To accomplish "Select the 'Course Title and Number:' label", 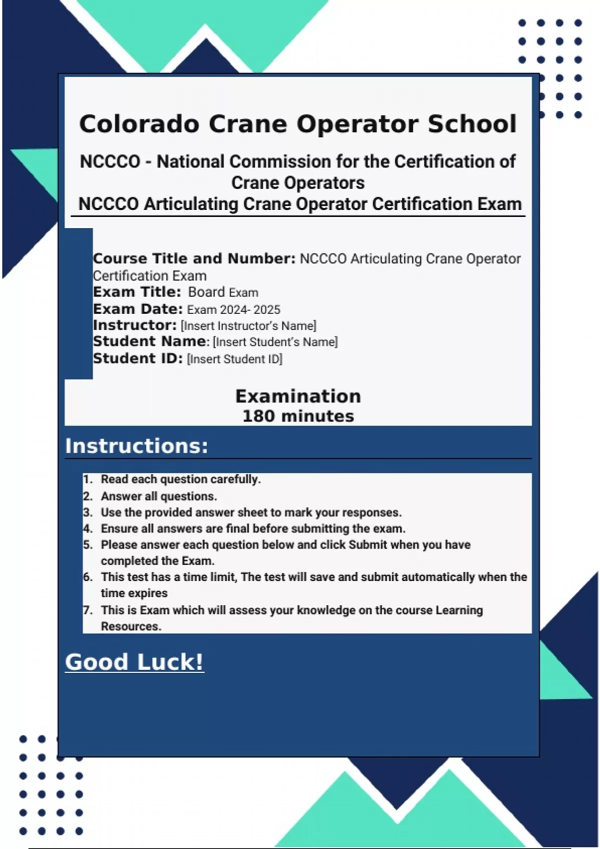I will coord(194,259).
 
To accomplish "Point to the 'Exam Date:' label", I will coord(138,309).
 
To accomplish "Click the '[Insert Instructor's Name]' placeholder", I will coord(248,326).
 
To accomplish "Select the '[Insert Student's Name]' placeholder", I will coord(275,342).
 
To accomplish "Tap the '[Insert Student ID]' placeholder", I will coord(234,359).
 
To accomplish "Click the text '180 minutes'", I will coord(298,416).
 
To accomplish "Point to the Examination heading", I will coord(298,397).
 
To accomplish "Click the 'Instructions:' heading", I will coord(136,446).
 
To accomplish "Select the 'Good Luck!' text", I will coord(134,662).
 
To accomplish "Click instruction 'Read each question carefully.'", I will coord(180,479).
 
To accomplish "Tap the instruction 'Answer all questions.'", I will coord(159,496).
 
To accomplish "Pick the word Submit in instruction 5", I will coord(367,545).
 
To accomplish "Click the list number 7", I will coord(88,610).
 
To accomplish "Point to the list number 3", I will coord(88,513).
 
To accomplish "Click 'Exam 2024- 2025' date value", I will coord(233,310).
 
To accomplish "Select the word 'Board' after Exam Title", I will coord(206,292).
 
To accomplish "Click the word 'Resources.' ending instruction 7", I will coord(131,627).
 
